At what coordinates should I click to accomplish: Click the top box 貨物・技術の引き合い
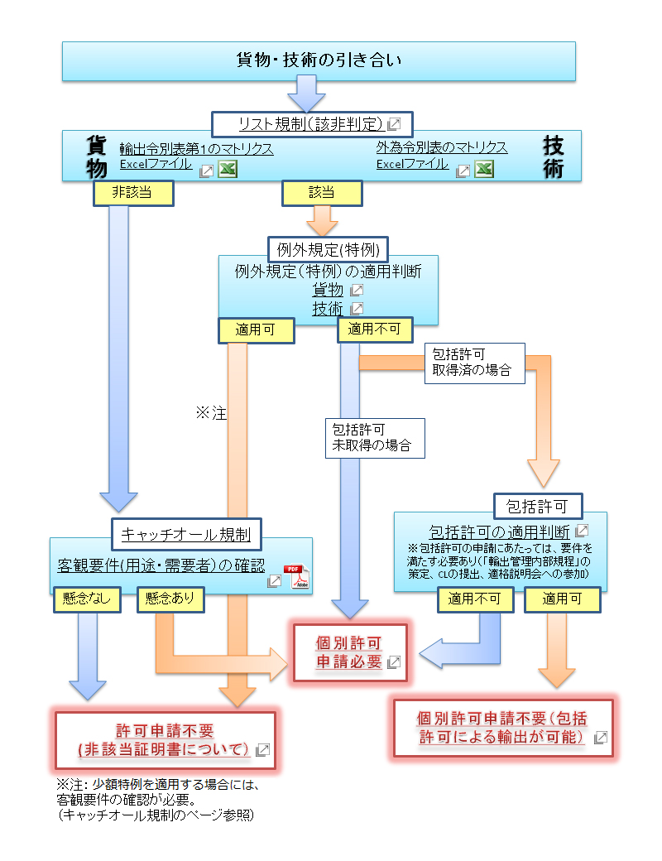319,61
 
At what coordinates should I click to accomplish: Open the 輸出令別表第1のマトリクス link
196,148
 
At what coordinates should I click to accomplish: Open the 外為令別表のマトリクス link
441,147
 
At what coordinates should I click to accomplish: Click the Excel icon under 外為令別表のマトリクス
484,169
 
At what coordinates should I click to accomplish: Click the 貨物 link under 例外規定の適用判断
328,289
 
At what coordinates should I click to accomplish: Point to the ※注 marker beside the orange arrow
211,412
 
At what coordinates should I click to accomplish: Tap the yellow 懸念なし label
87,599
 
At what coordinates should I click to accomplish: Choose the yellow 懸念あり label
170,599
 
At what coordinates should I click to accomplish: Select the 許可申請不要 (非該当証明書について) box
165,740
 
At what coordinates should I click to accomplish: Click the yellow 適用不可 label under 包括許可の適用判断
470,599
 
